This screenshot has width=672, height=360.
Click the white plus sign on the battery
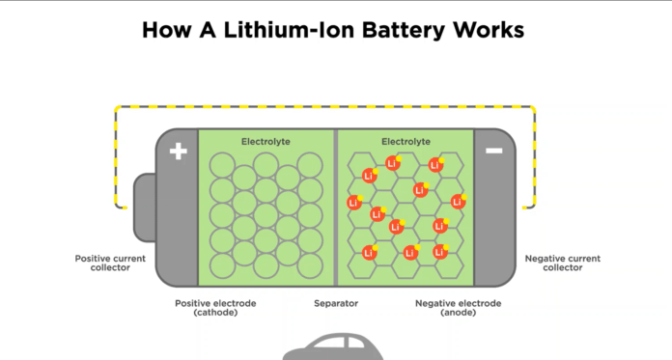pyautogui.click(x=179, y=152)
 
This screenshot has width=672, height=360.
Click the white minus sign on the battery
pyautogui.click(x=493, y=151)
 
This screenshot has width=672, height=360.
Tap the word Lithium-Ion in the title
pyautogui.click(x=291, y=31)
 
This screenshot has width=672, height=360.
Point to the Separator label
pyautogui.click(x=336, y=304)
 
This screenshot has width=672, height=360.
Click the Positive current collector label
pyautogui.click(x=110, y=263)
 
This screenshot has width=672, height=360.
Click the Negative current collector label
pyautogui.click(x=563, y=263)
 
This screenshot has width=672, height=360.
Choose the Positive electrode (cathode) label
pyautogui.click(x=215, y=308)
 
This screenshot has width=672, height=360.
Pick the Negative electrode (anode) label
pyautogui.click(x=459, y=308)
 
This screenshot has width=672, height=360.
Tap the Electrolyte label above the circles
pyautogui.click(x=266, y=142)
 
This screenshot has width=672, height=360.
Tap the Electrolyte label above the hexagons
pyautogui.click(x=406, y=142)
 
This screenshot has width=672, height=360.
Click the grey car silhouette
pyautogui.click(x=333, y=347)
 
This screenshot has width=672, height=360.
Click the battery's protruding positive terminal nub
pyautogui.click(x=145, y=208)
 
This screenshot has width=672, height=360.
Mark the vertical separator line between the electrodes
pyautogui.click(x=336, y=208)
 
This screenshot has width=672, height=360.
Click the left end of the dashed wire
pyautogui.click(x=125, y=208)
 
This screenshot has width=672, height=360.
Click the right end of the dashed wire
pyautogui.click(x=524, y=208)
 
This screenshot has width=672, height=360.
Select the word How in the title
pyautogui.click(x=166, y=31)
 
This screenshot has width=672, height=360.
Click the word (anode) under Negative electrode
pyautogui.click(x=459, y=313)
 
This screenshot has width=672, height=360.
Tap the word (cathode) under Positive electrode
pyautogui.click(x=215, y=313)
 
